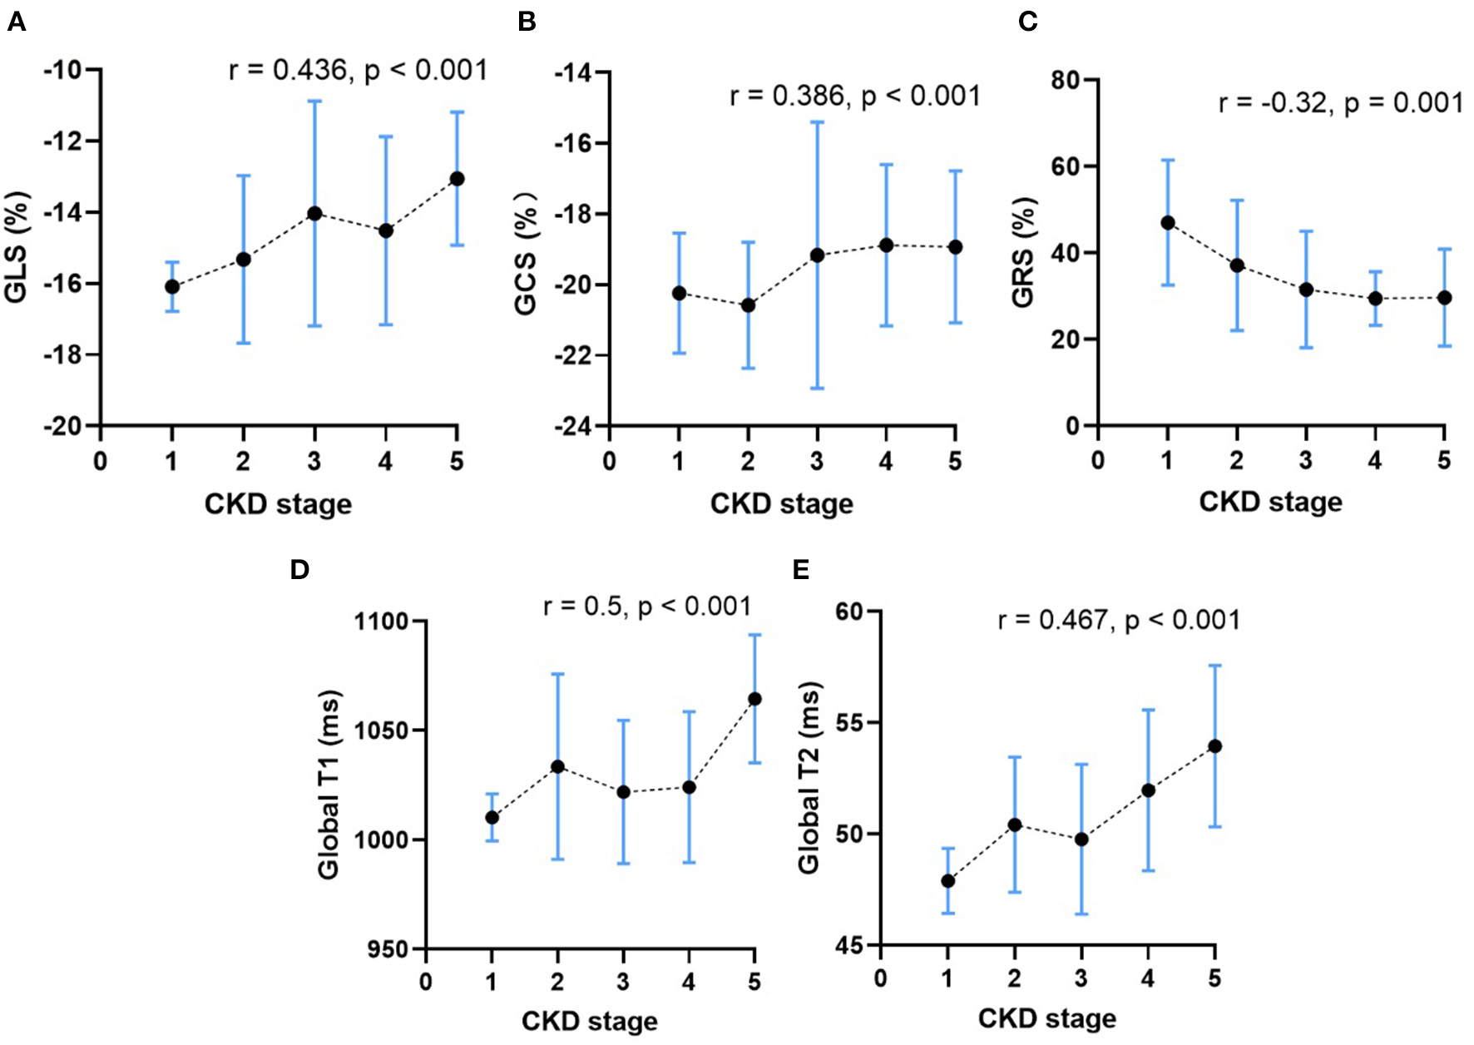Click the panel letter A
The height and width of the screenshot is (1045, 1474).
click(16, 21)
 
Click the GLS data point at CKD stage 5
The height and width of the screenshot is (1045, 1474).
click(457, 179)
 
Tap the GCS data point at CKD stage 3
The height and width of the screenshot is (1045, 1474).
click(818, 255)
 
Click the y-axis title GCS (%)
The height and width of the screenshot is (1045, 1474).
click(526, 254)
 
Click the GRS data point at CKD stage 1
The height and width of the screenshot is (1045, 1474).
click(1168, 223)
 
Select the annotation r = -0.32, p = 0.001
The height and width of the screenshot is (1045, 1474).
click(1340, 103)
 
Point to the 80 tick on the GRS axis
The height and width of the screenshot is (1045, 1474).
click(1066, 81)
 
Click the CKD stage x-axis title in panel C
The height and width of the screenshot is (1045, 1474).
click(1270, 502)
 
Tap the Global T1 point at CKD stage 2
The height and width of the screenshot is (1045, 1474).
click(557, 766)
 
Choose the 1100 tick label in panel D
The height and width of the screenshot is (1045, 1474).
click(380, 622)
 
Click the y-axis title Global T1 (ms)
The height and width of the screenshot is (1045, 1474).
click(329, 784)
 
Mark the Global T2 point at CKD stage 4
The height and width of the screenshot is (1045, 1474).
click(1148, 790)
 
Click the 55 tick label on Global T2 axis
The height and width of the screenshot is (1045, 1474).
click(849, 722)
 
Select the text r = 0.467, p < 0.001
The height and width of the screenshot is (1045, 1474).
click(1119, 621)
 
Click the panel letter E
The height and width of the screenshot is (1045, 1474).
click(801, 569)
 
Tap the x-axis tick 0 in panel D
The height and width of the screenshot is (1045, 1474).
click(426, 983)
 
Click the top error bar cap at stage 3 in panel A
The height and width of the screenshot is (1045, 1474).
click(314, 102)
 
